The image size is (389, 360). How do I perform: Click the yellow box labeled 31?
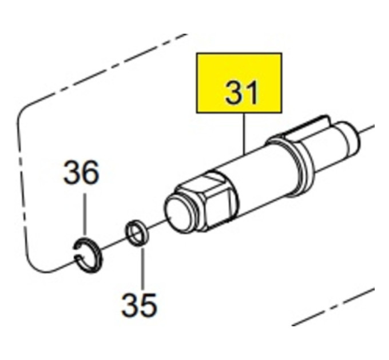click(239, 83)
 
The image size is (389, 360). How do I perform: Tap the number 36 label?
click(81, 172)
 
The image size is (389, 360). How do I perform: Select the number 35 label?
click(139, 305)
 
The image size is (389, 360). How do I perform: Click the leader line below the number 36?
click(85, 214)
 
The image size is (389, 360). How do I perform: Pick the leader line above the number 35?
click(142, 268)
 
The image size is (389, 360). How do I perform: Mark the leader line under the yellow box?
click(244, 134)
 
